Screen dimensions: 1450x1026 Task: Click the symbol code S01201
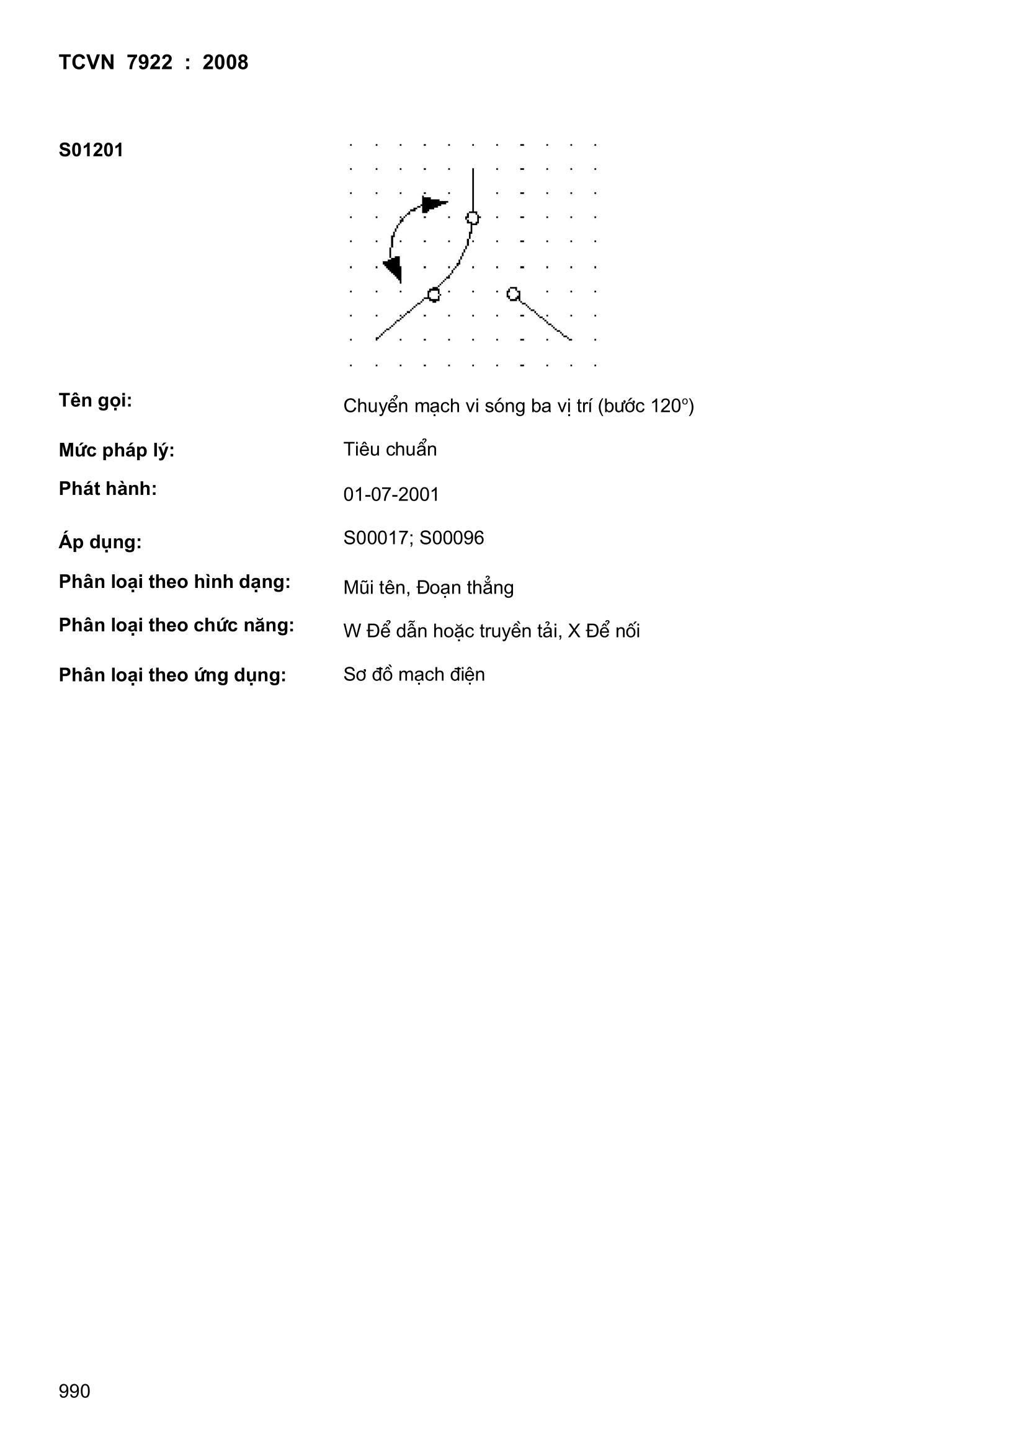pyautogui.click(x=91, y=150)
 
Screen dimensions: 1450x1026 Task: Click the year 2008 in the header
pyautogui.click(x=225, y=63)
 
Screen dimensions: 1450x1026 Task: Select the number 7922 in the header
pyautogui.click(x=149, y=63)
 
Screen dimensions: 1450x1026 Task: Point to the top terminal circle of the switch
pyautogui.click(x=473, y=218)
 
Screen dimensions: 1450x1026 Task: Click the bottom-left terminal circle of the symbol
pyautogui.click(x=434, y=295)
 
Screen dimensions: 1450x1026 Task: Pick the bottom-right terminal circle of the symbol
pyautogui.click(x=513, y=294)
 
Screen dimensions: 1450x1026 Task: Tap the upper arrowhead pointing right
pyautogui.click(x=434, y=204)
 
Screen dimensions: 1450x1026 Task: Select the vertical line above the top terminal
pyautogui.click(x=473, y=189)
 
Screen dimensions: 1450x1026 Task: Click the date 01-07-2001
pyautogui.click(x=391, y=494)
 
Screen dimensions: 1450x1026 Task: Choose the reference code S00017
pyautogui.click(x=376, y=538)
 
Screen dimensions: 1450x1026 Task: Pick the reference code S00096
pyautogui.click(x=452, y=538)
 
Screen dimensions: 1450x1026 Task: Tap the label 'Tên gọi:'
pyautogui.click(x=96, y=401)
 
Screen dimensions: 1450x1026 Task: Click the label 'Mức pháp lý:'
pyautogui.click(x=116, y=451)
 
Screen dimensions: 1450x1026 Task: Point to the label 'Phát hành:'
pyautogui.click(x=107, y=489)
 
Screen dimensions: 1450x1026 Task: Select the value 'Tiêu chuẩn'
pyautogui.click(x=390, y=450)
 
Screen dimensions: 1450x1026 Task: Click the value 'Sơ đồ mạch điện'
pyautogui.click(x=414, y=675)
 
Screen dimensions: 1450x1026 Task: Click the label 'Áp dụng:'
pyautogui.click(x=100, y=543)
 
